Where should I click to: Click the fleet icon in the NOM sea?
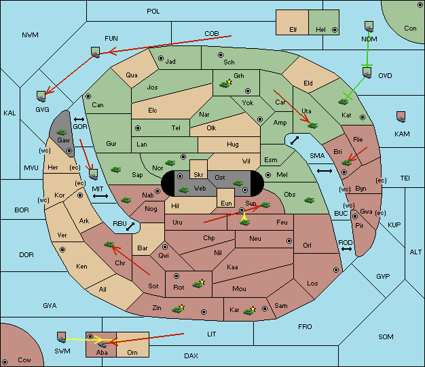(x=369, y=27)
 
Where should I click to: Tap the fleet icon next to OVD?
(x=367, y=73)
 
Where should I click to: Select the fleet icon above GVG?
(x=41, y=96)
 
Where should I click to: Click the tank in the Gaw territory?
(x=62, y=132)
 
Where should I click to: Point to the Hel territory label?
(x=320, y=30)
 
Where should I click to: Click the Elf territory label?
(x=293, y=30)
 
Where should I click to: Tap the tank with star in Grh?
(x=226, y=83)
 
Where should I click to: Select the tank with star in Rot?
(x=199, y=284)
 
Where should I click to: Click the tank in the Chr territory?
(x=109, y=244)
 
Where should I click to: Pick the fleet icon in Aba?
(x=103, y=344)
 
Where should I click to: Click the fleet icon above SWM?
(x=62, y=337)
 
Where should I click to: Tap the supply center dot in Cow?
(x=5, y=362)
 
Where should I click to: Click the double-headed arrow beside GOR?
(x=79, y=119)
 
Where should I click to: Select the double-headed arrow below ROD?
(x=346, y=249)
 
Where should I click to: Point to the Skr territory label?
(x=198, y=175)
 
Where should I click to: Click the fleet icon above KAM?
(x=401, y=117)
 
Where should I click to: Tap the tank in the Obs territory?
(x=310, y=200)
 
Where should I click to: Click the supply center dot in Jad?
(x=161, y=58)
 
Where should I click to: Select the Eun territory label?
(x=226, y=204)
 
